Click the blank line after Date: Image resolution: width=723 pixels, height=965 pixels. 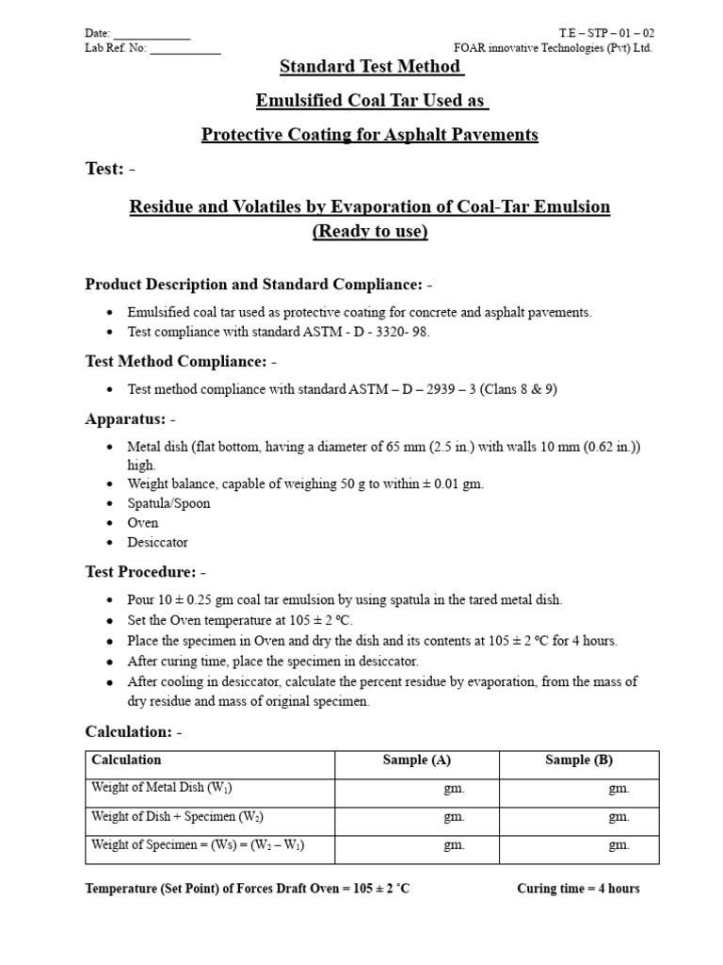pyautogui.click(x=152, y=35)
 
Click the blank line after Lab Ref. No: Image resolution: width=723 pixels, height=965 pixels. pyautogui.click(x=185, y=49)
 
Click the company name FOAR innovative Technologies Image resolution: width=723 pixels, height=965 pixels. pyautogui.click(x=553, y=48)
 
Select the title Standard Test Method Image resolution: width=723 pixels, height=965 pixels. pyautogui.click(x=371, y=67)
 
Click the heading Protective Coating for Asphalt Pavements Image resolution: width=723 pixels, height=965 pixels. pyautogui.click(x=370, y=135)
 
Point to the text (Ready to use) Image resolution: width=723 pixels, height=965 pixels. pyautogui.click(x=370, y=233)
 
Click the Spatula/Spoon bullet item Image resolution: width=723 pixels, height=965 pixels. pyautogui.click(x=169, y=503)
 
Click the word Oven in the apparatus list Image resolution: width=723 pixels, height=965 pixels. pyautogui.click(x=143, y=523)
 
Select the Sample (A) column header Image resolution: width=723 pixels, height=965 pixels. pyautogui.click(x=416, y=761)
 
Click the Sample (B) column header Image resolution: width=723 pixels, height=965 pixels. pyautogui.click(x=579, y=761)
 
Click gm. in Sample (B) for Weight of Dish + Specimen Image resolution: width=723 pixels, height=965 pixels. pyautogui.click(x=619, y=818)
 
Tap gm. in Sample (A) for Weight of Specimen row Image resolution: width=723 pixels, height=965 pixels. pyautogui.click(x=454, y=846)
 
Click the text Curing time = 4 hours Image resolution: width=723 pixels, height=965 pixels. pyautogui.click(x=578, y=889)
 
